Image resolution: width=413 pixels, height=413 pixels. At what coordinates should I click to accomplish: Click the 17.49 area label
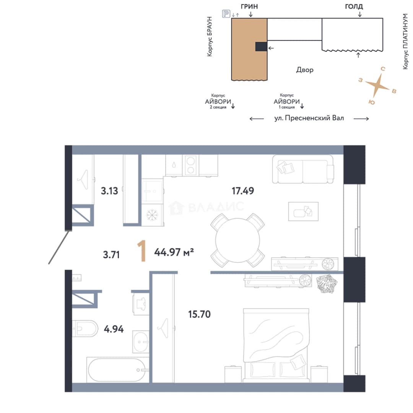tap(242, 191)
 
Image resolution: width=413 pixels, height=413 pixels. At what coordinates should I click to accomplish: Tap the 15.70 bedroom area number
tap(199, 314)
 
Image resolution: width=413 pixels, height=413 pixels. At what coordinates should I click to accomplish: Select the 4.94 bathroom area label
tap(114, 329)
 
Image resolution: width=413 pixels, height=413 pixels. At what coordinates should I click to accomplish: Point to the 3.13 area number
tap(109, 191)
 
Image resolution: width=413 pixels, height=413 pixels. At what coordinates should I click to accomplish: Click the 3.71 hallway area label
tap(111, 255)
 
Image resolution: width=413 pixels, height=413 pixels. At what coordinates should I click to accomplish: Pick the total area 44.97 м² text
tap(174, 252)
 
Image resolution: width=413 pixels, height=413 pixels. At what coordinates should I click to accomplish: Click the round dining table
tap(237, 240)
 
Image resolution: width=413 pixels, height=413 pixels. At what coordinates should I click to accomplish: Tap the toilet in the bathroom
tap(85, 328)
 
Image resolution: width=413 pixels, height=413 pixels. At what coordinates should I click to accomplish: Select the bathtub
tap(116, 370)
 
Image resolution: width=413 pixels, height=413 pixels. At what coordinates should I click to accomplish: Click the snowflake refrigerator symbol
tap(152, 215)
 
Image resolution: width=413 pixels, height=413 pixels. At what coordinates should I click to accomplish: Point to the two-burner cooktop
tap(190, 165)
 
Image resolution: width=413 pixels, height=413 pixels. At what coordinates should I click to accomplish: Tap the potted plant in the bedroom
tap(327, 284)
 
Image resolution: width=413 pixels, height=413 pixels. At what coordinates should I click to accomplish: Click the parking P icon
tap(226, 13)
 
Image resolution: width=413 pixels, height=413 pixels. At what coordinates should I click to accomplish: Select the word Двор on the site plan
tap(305, 70)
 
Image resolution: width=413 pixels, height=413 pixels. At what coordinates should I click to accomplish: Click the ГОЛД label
tap(354, 7)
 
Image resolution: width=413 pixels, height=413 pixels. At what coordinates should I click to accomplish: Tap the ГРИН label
tap(249, 7)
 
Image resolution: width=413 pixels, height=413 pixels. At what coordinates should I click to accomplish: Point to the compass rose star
tap(377, 85)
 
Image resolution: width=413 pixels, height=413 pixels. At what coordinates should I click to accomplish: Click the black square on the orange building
tap(261, 47)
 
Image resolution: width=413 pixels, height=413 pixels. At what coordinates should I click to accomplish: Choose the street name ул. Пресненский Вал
tap(309, 118)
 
